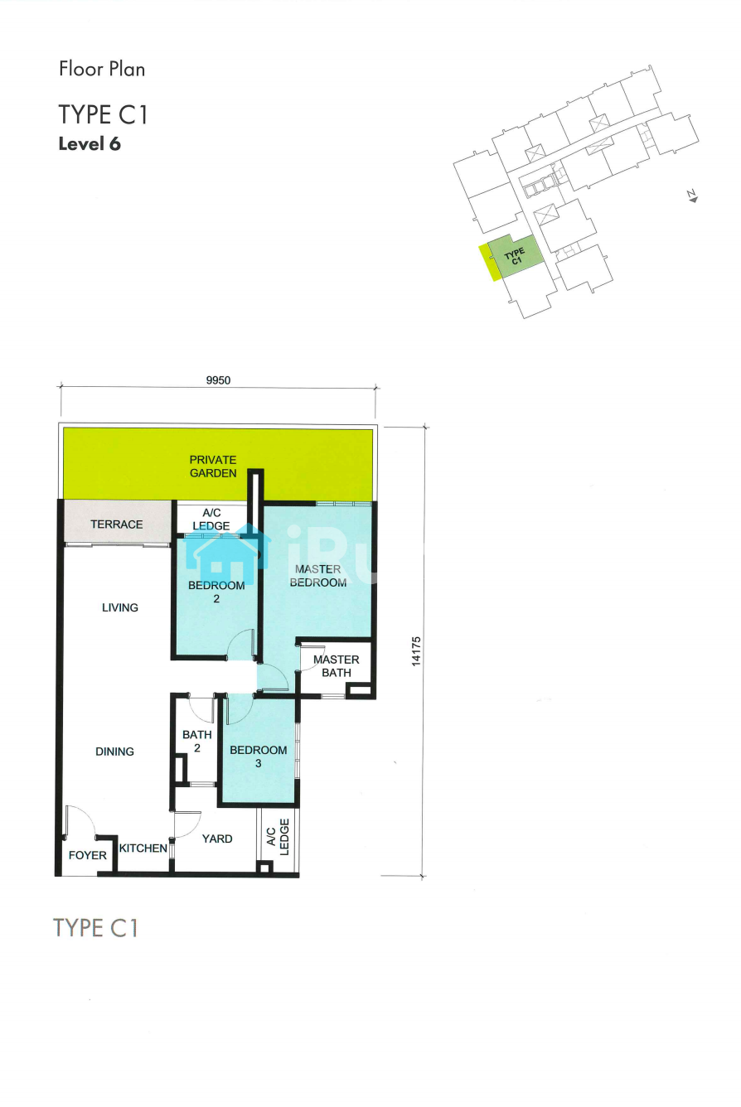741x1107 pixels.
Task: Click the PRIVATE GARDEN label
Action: (x=213, y=466)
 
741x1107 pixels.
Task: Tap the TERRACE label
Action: (x=117, y=524)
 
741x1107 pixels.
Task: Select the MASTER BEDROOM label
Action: (x=317, y=576)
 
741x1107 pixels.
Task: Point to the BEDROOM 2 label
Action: (x=216, y=592)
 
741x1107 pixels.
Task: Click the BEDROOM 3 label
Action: (x=258, y=757)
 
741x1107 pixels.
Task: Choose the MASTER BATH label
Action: (x=337, y=666)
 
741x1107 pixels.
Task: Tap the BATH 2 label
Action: (x=196, y=742)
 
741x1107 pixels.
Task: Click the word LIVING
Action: (x=120, y=607)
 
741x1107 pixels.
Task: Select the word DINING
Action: (x=114, y=752)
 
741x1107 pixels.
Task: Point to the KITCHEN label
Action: (x=143, y=848)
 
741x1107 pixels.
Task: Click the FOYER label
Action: (x=88, y=855)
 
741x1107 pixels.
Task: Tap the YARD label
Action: (x=217, y=839)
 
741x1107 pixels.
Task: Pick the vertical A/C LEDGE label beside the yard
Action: (x=278, y=837)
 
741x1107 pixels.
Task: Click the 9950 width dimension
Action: (x=218, y=380)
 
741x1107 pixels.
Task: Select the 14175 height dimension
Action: (x=416, y=651)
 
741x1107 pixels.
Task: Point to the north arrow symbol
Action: (x=693, y=196)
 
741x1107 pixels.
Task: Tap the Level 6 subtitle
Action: (x=90, y=144)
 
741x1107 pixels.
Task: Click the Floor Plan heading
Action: (x=102, y=69)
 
